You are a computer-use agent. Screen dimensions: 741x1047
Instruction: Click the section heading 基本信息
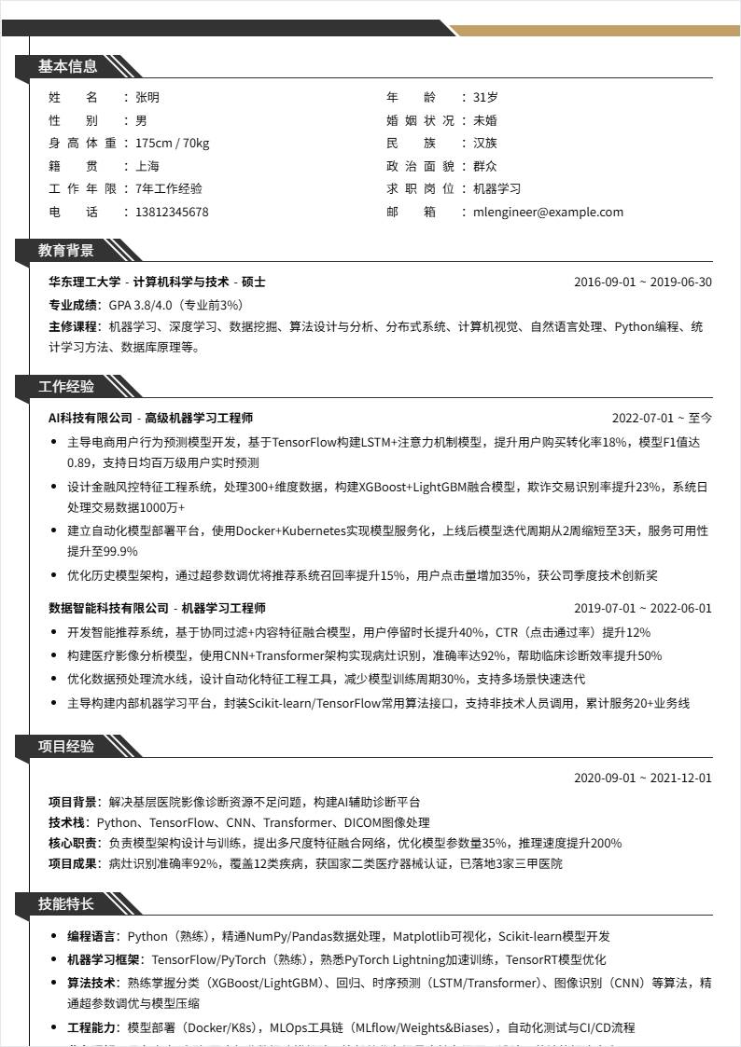click(67, 66)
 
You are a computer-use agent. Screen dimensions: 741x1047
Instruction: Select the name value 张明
click(147, 97)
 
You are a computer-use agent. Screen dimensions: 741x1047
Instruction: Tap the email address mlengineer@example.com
click(548, 212)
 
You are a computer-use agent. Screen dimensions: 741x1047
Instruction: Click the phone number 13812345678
click(172, 212)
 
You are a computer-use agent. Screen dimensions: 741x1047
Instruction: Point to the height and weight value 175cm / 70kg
click(172, 143)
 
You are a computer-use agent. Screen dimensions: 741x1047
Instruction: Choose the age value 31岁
click(485, 97)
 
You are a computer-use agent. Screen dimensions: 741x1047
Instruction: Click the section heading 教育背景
click(66, 250)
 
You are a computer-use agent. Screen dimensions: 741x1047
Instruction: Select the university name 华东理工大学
click(84, 282)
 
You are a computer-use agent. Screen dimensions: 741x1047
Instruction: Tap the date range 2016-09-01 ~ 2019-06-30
click(642, 282)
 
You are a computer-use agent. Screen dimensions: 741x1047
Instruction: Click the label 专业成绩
click(74, 305)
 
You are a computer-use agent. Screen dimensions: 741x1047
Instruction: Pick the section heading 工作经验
click(66, 386)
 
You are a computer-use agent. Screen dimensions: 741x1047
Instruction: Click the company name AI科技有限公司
click(91, 418)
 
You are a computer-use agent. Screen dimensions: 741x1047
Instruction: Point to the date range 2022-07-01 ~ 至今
click(662, 418)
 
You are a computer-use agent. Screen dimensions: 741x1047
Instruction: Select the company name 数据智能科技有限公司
click(108, 608)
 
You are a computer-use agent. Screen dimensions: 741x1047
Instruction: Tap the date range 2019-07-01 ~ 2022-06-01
click(642, 608)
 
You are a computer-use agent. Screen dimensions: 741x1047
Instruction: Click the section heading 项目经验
click(66, 746)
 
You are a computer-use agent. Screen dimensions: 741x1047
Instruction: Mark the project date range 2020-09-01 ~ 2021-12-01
click(642, 778)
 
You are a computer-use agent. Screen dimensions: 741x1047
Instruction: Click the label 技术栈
click(67, 822)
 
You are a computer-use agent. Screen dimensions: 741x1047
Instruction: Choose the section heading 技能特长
click(66, 903)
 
